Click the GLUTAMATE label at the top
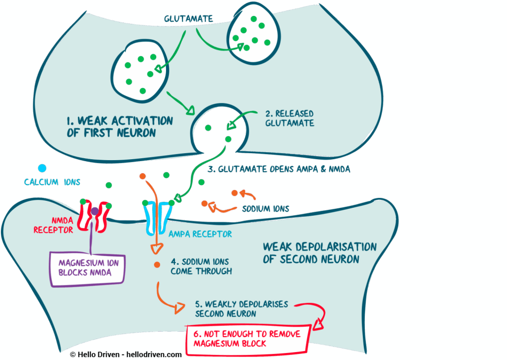tap(188, 19)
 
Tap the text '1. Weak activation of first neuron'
tap(119, 126)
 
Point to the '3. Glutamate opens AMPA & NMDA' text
tap(279, 169)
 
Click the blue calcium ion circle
tap(42, 169)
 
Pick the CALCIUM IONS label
tap(48, 182)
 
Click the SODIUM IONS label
tap(266, 209)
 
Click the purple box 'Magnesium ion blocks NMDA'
tap(88, 268)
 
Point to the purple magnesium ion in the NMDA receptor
tap(94, 211)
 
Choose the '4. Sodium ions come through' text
tap(201, 266)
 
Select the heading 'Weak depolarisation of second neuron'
tap(320, 252)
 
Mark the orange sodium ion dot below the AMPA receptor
tap(157, 265)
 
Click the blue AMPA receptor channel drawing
tap(158, 217)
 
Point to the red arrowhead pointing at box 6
tap(318, 325)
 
